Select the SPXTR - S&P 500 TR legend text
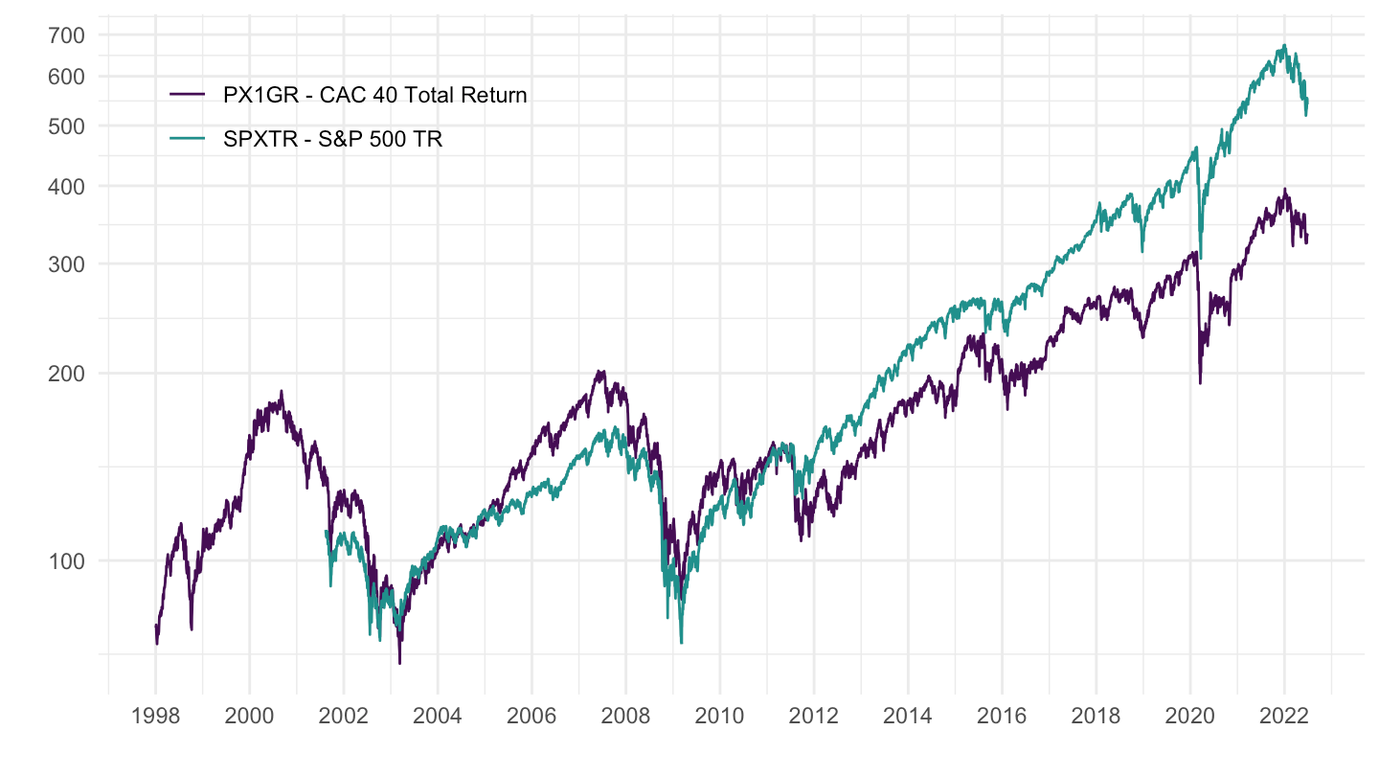click(x=331, y=140)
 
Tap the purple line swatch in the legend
click(x=187, y=95)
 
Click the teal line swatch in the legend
click(x=187, y=140)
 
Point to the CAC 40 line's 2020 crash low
click(x=1200, y=384)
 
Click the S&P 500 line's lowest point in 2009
click(x=681, y=643)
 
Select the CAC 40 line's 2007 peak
click(x=599, y=371)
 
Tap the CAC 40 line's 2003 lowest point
click(x=399, y=663)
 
